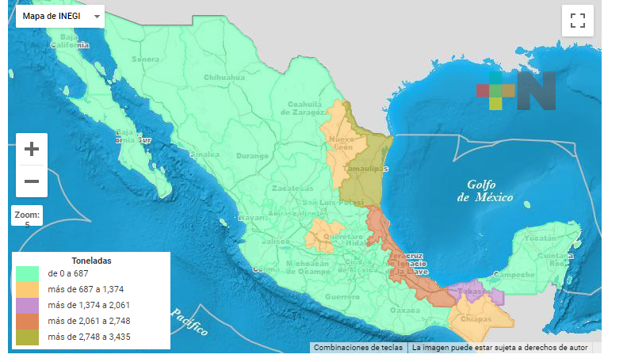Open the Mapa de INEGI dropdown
point(59,16)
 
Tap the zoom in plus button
point(32,149)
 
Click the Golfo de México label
point(485,190)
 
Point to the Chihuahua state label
point(224,78)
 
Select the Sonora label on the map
point(145,59)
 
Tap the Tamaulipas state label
point(365,170)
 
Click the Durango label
point(253,155)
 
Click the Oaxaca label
point(404,311)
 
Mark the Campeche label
point(507,276)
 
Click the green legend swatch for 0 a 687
point(29,273)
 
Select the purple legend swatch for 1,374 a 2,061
point(29,305)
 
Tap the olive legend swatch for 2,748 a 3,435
point(29,337)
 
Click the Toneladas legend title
point(91,260)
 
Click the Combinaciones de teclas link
point(358,347)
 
